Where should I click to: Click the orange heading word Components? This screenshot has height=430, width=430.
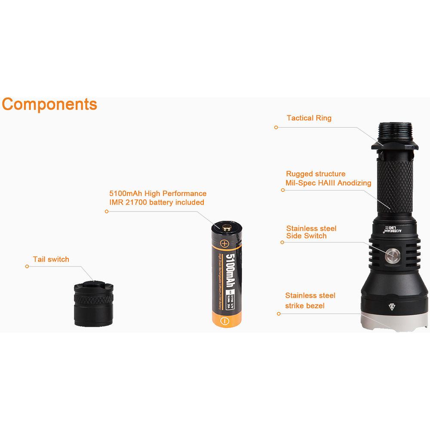pyautogui.click(x=49, y=104)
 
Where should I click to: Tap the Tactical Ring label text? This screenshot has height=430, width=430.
pyautogui.click(x=309, y=118)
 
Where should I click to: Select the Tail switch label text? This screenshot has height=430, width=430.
pyautogui.click(x=51, y=259)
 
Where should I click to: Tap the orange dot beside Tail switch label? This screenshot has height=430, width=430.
pyautogui.click(x=27, y=267)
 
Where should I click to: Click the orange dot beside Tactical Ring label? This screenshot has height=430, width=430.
pyautogui.click(x=276, y=127)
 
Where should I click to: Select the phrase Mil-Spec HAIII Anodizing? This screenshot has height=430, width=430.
pyautogui.click(x=329, y=183)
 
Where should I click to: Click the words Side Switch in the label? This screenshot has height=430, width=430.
pyautogui.click(x=306, y=236)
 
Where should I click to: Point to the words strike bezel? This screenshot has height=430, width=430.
pyautogui.click(x=305, y=306)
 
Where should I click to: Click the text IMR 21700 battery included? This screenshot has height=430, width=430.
pyautogui.click(x=157, y=203)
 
